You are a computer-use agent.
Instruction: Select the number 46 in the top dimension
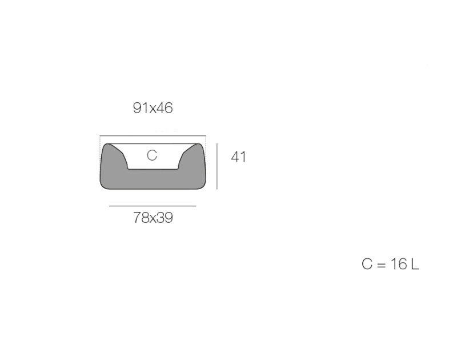click(165, 108)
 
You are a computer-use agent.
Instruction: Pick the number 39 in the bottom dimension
click(165, 218)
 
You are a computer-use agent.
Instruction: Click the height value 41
click(238, 157)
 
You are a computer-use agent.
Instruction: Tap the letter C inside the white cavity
click(152, 155)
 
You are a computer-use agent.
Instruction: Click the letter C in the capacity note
click(367, 264)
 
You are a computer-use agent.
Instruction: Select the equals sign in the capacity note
click(381, 265)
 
